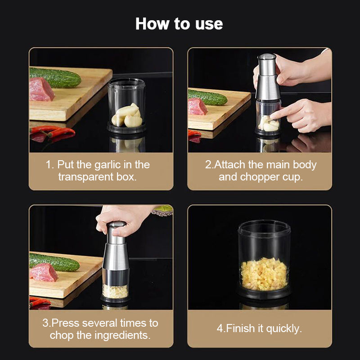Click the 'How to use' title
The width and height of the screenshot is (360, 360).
[179, 23]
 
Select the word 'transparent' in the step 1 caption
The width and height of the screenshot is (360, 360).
[85, 176]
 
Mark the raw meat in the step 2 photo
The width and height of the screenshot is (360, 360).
[198, 107]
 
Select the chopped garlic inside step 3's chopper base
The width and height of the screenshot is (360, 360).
[115, 291]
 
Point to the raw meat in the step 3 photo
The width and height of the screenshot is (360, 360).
[44, 272]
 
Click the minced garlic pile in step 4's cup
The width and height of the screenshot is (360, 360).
[264, 273]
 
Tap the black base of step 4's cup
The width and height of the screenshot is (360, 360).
[264, 295]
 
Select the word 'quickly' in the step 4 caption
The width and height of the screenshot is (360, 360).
[283, 328]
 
